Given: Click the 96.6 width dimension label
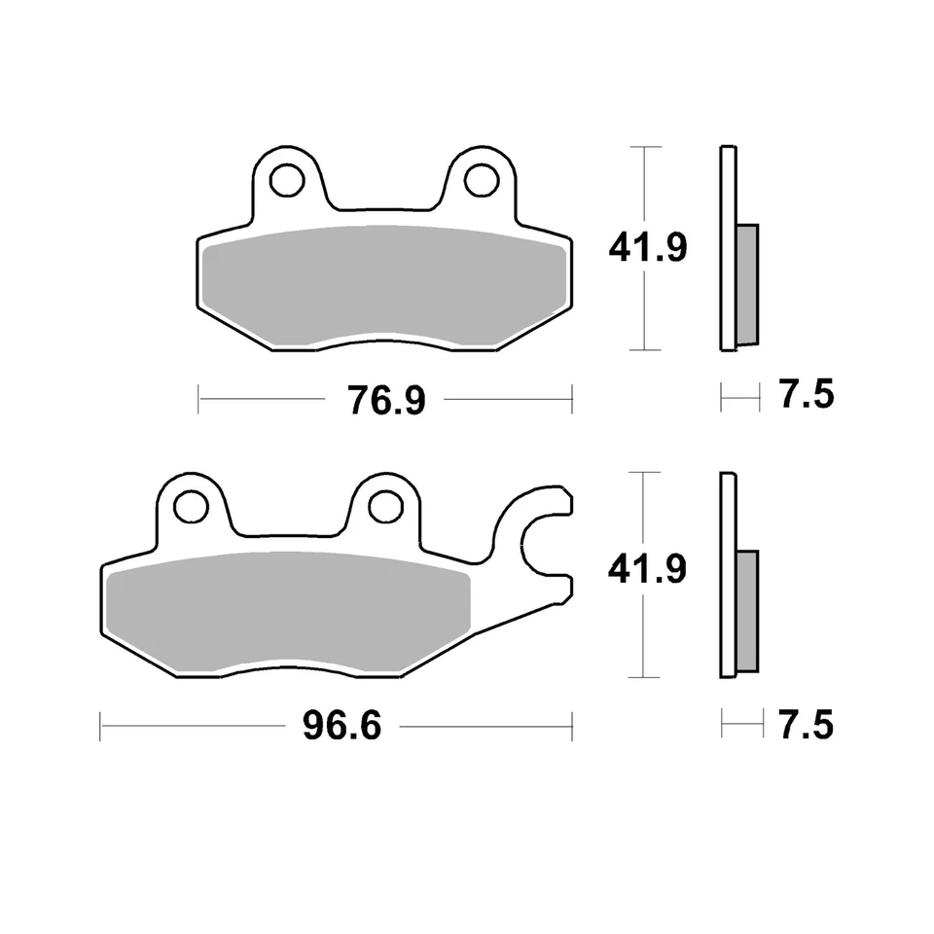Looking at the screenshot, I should tap(341, 726).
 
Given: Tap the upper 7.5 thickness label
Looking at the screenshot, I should tap(807, 397).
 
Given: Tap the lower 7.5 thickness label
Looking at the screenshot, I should tap(807, 725).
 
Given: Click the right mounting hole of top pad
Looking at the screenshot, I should tap(481, 179).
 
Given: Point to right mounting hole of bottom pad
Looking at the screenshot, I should tap(385, 506).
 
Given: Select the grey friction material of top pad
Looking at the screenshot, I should tap(384, 288).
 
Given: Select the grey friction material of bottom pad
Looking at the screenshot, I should tap(288, 614).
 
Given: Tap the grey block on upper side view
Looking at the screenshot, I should tap(747, 285).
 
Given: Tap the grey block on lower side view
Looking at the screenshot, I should tap(747, 612).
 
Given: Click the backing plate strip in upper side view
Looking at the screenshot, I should tap(728, 248).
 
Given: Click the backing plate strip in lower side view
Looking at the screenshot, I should tap(728, 575).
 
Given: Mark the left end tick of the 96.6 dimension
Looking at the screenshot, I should tap(101, 726).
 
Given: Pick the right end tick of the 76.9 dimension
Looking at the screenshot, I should tap(572, 399).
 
